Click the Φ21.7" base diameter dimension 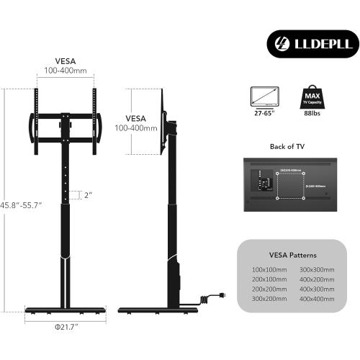tap(65, 328)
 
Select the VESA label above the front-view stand tap(65, 62)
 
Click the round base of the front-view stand tap(65, 310)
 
